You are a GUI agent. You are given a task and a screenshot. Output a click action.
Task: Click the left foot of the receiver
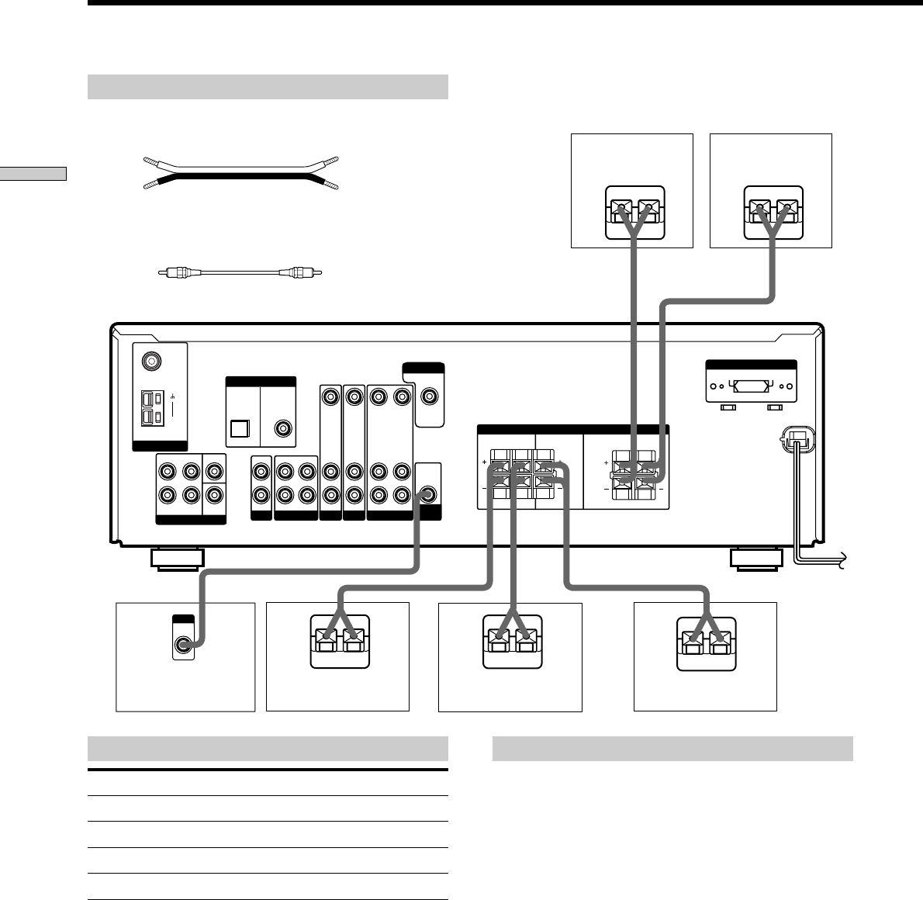tap(178, 559)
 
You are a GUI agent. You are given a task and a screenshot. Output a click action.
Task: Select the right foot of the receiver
tap(755, 559)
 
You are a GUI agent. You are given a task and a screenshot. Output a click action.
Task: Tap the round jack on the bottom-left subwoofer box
tap(183, 643)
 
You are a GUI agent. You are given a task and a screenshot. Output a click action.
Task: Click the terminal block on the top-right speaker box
tap(773, 211)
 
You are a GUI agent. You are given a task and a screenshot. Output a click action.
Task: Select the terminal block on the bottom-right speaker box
tap(706, 642)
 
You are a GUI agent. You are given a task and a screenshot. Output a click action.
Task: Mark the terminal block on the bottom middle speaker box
tap(512, 642)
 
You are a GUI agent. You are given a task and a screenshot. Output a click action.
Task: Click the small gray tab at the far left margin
tap(33, 173)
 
